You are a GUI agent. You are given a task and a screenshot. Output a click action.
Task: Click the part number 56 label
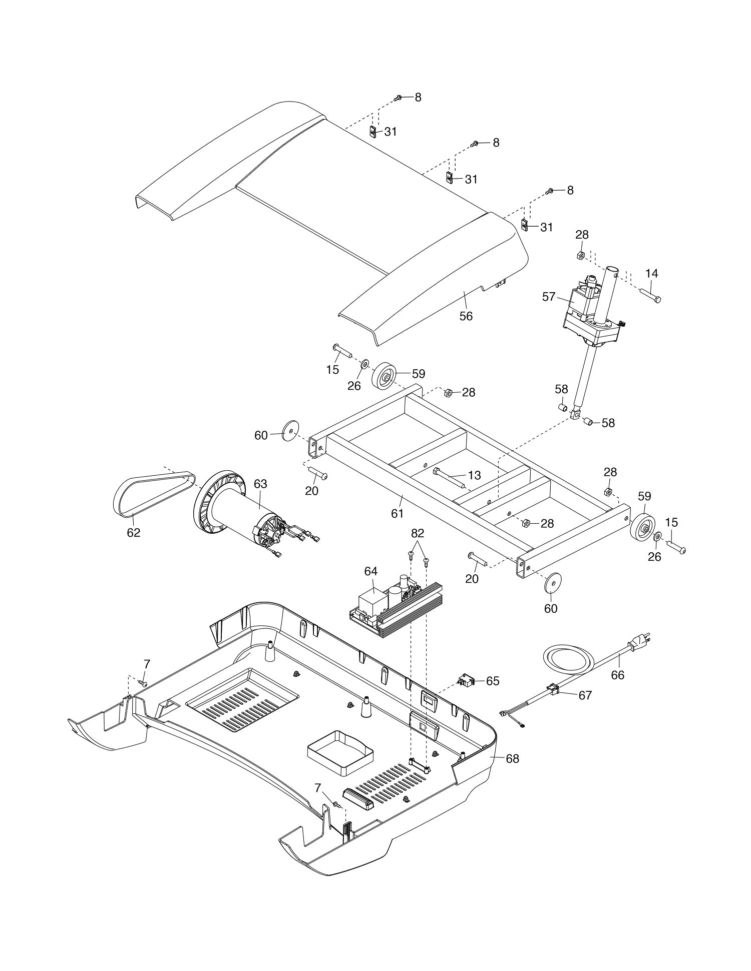pos(466,316)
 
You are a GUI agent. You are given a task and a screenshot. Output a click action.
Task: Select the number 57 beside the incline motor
pos(549,297)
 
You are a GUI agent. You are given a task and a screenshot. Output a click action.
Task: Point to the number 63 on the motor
pos(260,484)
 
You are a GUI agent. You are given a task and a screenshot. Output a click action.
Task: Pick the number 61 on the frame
pos(397,513)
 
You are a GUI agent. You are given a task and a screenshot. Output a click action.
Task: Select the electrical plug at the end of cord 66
pos(642,642)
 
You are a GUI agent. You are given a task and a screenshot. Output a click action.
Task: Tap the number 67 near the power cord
pos(585,695)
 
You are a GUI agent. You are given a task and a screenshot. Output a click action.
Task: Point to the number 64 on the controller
pos(371,571)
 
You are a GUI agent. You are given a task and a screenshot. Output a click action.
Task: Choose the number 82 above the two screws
pos(418,533)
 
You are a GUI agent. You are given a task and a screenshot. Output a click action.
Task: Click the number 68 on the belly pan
pos(512,758)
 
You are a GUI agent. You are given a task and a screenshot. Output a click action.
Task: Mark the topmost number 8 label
pos(418,97)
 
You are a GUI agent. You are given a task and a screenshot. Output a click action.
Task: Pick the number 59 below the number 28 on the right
pos(644,496)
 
